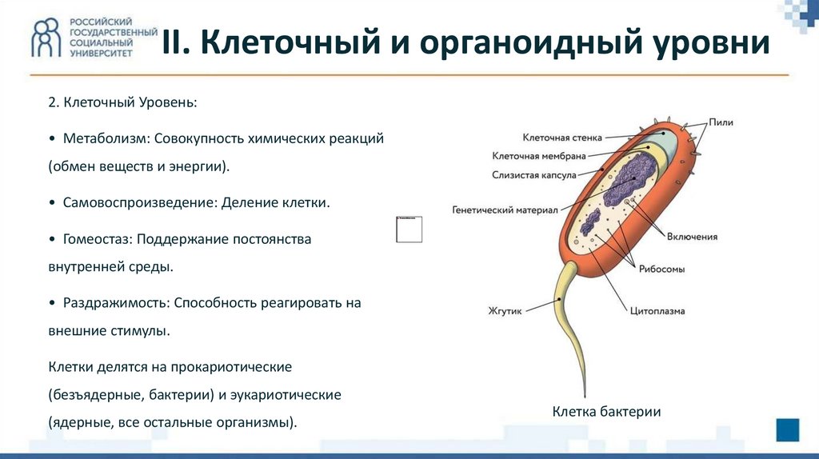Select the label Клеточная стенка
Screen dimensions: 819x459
[562, 138]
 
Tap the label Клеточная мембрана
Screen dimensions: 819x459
[539, 156]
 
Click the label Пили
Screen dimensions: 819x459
[720, 122]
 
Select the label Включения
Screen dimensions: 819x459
[693, 237]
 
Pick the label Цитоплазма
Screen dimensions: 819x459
[657, 311]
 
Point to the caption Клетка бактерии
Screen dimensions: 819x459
[606, 412]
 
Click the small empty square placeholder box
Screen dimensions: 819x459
[409, 229]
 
